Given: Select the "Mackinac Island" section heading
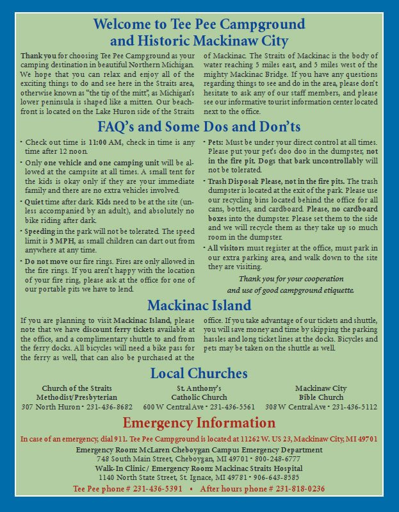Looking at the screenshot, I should pyautogui.click(x=199, y=304).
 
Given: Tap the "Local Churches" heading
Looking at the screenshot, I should pyautogui.click(x=199, y=373).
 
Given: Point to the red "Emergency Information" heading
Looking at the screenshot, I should pyautogui.click(x=199, y=423).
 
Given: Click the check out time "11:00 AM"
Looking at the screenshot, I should pyautogui.click(x=106, y=142).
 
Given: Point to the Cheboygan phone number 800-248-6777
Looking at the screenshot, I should pyautogui.click(x=277, y=459).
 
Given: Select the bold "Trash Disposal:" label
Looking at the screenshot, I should pyautogui.click(x=233, y=181).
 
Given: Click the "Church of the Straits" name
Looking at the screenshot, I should pyautogui.click(x=76, y=388).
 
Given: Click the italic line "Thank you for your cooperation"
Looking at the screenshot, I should pyautogui.click(x=291, y=279).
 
